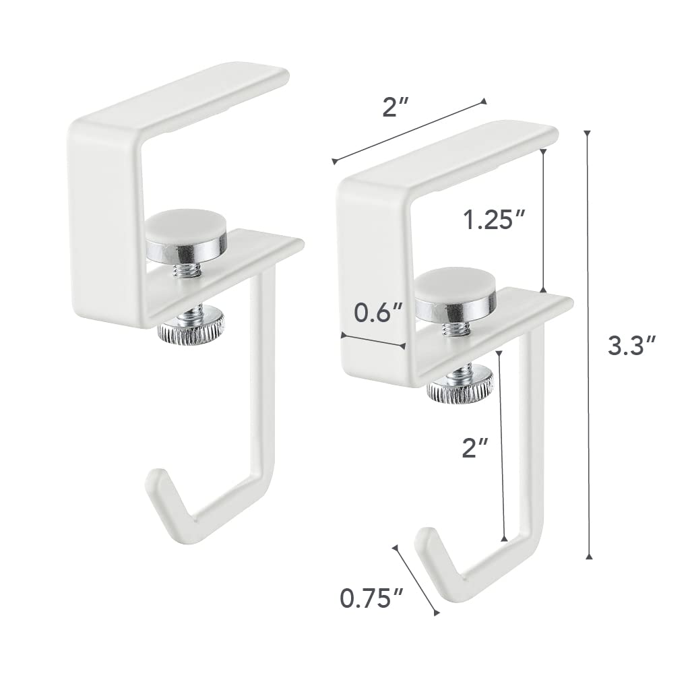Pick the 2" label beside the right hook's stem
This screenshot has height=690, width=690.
[x=475, y=447]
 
